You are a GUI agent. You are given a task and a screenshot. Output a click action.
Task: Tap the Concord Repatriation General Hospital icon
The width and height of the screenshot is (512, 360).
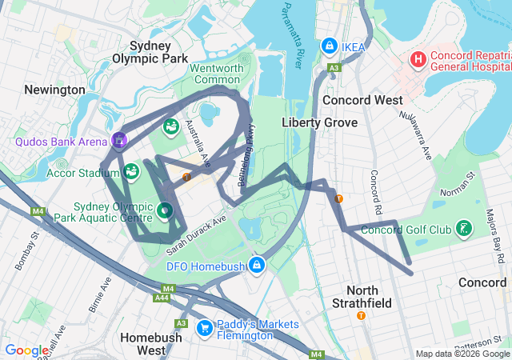tap(418, 60)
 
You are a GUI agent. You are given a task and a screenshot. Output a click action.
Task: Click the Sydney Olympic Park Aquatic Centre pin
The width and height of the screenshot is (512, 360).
tap(164, 210)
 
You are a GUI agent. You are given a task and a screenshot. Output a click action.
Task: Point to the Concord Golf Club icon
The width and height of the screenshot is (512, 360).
tap(463, 230)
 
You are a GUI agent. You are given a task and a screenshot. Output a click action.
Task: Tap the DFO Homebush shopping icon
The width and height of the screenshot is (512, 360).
tap(257, 264)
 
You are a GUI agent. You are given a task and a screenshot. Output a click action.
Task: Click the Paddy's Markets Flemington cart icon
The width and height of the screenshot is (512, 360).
tap(205, 327)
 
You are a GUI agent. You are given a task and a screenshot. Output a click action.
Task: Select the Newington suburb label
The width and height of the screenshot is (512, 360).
tap(54, 90)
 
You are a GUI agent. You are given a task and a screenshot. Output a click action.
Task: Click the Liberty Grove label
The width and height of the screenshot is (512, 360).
tap(314, 122)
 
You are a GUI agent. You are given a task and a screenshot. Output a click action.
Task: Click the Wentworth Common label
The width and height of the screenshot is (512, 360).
tap(216, 74)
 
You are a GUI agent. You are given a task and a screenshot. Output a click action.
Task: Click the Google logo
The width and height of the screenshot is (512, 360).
tap(27, 350)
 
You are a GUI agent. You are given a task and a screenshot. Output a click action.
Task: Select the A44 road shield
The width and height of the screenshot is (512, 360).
tap(162, 298)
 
